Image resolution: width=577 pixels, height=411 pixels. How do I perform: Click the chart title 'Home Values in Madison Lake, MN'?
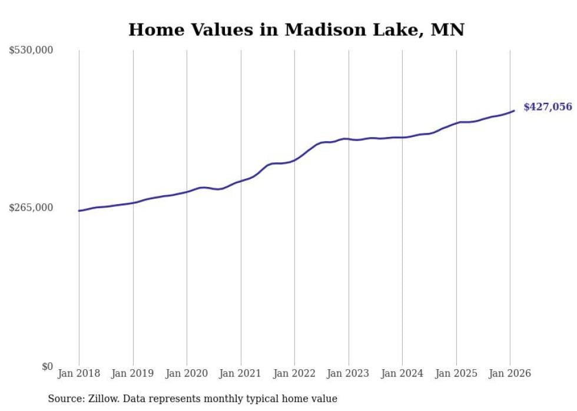coord(296,29)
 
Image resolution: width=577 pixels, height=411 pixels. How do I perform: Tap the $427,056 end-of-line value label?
coord(548,107)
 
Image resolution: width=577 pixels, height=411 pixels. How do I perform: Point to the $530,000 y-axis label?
coord(31,51)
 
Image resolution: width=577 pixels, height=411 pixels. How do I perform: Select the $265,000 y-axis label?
coord(31,208)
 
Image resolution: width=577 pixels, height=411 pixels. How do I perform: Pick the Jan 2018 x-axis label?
coord(79,374)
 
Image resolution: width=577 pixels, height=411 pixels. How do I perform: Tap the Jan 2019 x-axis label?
coord(133,374)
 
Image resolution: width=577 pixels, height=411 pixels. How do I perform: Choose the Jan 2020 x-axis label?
coord(187,374)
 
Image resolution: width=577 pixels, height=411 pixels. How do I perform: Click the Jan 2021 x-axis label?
coord(241,374)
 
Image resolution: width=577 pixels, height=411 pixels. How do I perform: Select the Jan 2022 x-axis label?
coord(294,374)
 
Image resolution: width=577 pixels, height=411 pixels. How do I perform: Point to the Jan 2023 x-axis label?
coord(348,374)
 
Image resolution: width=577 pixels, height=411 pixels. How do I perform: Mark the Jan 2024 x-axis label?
coord(402,374)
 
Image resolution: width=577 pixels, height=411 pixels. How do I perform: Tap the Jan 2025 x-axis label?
coord(456,374)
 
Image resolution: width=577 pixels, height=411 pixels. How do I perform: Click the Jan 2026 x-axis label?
coord(510,374)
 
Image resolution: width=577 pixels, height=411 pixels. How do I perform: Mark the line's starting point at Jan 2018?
coord(79,210)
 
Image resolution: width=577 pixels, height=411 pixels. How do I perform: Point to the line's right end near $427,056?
coord(514,111)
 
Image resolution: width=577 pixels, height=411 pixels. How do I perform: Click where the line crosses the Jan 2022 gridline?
coord(294,159)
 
